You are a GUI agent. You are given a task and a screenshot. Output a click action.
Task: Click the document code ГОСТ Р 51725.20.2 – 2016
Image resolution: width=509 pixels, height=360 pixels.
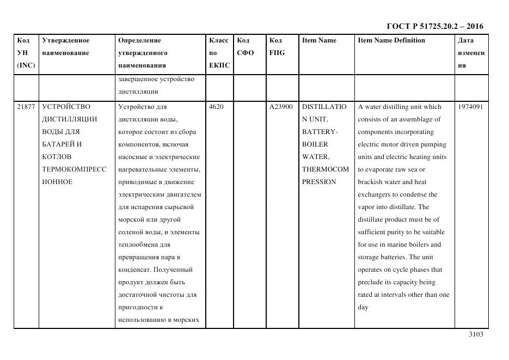(434, 26)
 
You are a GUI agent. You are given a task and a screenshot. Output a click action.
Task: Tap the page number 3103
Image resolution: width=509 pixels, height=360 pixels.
(475, 334)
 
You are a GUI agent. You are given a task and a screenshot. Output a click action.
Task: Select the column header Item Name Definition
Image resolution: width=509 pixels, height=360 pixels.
(391, 40)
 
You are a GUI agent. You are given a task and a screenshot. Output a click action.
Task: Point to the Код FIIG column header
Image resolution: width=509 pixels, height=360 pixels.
(277, 46)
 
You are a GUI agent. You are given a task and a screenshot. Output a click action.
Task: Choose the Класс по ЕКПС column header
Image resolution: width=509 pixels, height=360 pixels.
(219, 53)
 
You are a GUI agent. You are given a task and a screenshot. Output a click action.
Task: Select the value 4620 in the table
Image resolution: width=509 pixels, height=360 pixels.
(216, 107)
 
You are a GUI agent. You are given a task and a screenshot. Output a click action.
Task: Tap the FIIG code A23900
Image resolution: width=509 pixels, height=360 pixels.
(281, 107)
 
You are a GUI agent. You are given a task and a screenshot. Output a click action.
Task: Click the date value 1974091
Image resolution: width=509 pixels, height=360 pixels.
(470, 107)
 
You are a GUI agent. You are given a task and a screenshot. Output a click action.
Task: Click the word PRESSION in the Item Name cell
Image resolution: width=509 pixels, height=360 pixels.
(319, 182)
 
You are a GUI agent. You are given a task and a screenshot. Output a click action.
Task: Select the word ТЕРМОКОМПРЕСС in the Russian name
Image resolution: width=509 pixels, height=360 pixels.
(74, 169)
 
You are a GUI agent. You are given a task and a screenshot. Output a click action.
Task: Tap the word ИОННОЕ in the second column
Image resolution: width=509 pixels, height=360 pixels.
(57, 182)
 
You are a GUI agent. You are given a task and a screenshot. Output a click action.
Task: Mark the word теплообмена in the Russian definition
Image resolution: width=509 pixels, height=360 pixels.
(137, 245)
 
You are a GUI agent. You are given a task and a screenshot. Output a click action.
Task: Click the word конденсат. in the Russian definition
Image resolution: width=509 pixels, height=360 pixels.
(134, 270)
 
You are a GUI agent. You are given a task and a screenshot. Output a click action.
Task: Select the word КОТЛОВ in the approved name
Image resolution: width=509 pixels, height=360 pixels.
(57, 157)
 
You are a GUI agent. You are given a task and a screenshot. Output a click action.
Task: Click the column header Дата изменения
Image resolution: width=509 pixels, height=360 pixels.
(471, 53)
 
